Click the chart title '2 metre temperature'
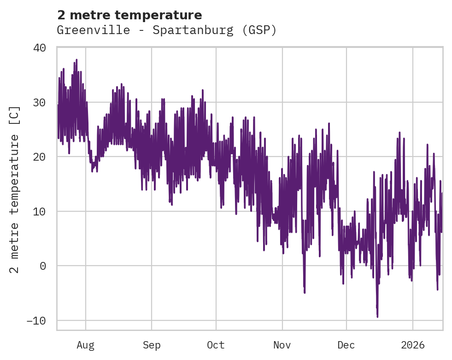[129, 15]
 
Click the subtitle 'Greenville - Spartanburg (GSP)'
[167, 30]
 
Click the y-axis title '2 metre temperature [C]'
[15, 189]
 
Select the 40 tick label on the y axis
[40, 48]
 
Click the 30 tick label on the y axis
[40, 102]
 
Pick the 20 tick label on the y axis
[40, 157]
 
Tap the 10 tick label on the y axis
[40, 211]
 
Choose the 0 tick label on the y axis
[43, 266]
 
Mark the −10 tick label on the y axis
[36, 320]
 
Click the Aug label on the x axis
[86, 345]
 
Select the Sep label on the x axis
[152, 345]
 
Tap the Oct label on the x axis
[216, 345]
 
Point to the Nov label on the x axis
[282, 345]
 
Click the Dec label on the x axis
[346, 345]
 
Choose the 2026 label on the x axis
[413, 345]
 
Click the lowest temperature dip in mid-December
[377, 316]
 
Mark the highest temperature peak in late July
[76, 60]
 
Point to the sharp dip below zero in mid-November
[305, 292]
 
